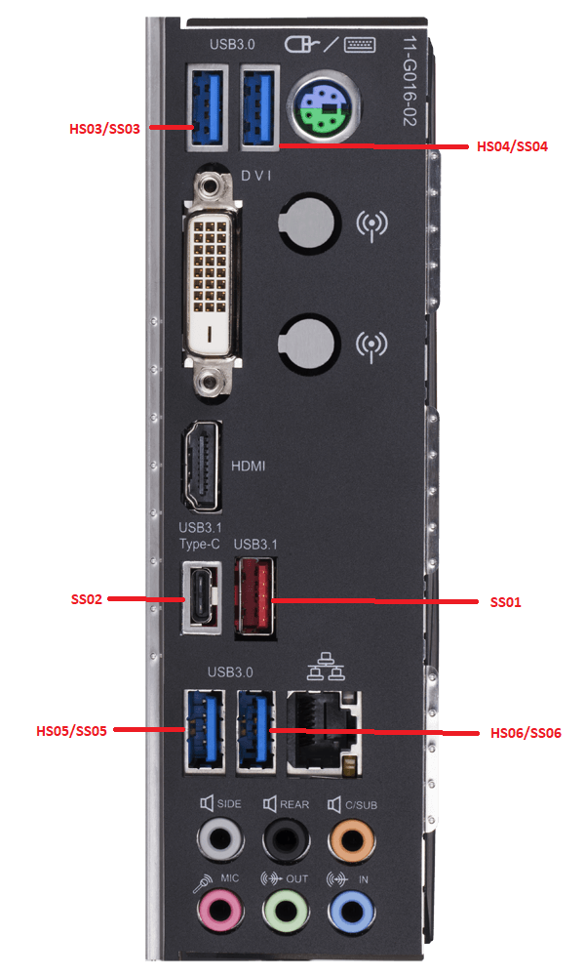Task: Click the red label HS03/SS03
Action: click(104, 129)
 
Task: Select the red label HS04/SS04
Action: click(512, 147)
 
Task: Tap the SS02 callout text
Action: click(87, 599)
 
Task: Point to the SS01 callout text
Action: click(505, 602)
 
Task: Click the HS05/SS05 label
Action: click(71, 731)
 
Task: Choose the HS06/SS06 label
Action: click(526, 733)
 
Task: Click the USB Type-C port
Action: click(201, 597)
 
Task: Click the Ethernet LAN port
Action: click(324, 732)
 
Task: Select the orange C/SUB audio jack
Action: click(351, 840)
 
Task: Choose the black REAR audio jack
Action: click(286, 840)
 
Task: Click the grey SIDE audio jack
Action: click(219, 840)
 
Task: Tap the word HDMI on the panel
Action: click(248, 466)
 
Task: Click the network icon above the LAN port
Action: click(326, 667)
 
